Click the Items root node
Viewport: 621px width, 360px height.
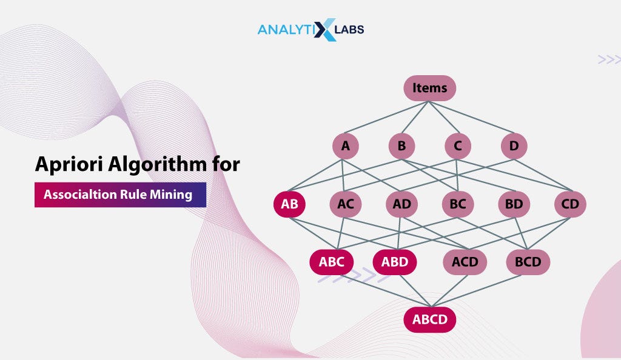point(429,88)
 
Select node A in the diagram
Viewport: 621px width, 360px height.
point(346,146)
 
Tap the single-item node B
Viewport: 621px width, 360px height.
point(401,146)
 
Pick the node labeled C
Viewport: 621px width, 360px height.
point(458,146)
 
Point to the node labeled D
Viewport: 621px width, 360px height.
point(514,146)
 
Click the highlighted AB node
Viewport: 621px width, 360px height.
point(289,204)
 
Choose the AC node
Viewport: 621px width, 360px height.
point(346,204)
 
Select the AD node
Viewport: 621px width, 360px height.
point(401,204)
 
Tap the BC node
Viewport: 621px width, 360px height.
point(458,204)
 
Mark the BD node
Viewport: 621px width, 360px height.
point(514,204)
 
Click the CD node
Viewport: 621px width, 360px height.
point(570,204)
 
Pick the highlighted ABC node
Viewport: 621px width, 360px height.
point(332,262)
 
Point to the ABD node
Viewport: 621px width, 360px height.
point(395,262)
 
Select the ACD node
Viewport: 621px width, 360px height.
point(465,262)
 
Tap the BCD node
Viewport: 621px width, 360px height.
point(528,262)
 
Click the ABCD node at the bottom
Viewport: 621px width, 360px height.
point(429,319)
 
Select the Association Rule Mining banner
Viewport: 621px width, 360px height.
point(120,195)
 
